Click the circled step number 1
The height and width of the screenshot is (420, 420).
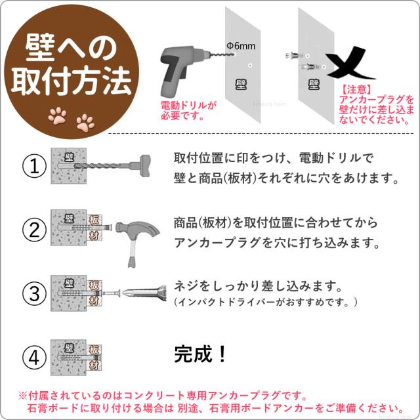click(34, 166)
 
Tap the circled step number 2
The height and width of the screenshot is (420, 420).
click(34, 230)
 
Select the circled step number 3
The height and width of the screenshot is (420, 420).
click(34, 293)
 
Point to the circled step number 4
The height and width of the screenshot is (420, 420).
click(34, 358)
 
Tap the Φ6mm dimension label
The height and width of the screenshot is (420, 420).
click(241, 46)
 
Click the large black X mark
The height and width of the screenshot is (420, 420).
click(350, 63)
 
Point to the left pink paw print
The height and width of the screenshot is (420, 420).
click(57, 115)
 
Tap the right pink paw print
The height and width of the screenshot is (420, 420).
click(85, 123)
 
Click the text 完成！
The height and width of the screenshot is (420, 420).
click(200, 354)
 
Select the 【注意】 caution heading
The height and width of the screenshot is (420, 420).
click(356, 89)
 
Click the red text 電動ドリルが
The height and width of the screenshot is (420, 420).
click(188, 105)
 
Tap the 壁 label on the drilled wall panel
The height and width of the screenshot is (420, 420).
click(241, 85)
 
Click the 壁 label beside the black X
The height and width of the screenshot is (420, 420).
click(314, 85)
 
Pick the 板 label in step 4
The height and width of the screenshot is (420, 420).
click(94, 350)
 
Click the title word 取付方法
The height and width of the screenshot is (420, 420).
click(72, 81)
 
